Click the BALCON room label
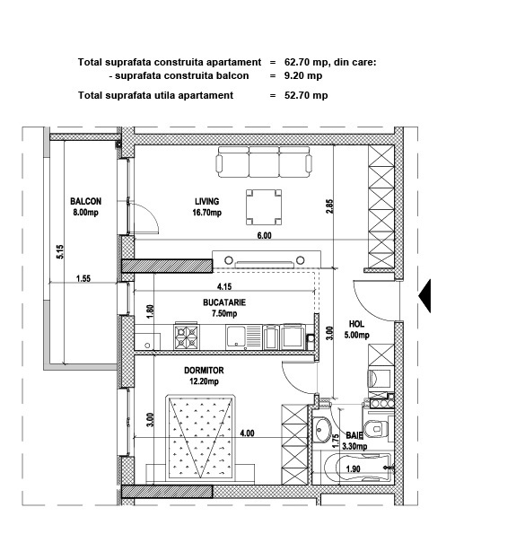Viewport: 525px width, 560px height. [86, 206]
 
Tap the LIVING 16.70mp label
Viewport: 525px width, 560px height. [207, 206]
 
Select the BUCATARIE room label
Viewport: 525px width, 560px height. [224, 308]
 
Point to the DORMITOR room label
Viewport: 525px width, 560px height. [204, 376]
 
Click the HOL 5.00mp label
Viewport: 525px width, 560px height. [357, 329]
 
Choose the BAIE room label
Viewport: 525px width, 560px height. [354, 441]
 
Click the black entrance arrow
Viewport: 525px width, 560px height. [424, 296]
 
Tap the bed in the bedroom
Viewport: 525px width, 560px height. [201, 438]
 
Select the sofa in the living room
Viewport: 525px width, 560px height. [264, 162]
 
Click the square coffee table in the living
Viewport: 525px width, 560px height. [264, 207]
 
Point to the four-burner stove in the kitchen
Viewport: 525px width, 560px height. [186, 336]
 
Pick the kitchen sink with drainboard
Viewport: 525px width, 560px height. [244, 337]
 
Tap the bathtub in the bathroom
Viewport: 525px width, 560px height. [358, 468]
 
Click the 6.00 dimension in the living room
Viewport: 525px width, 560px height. [264, 235]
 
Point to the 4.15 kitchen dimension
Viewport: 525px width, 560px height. [224, 286]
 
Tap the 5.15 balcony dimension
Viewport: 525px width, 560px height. [60, 252]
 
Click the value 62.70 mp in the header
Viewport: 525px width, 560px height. [303, 62]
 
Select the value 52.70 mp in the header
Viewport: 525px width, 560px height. [306, 95]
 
